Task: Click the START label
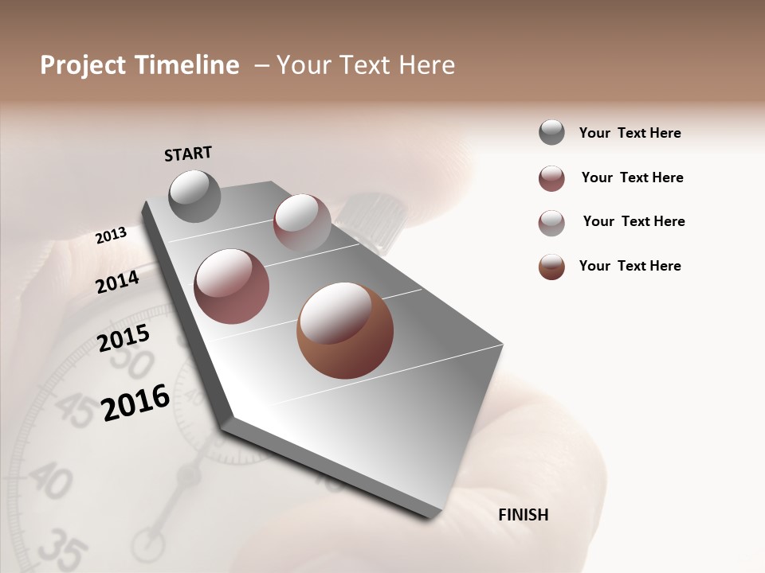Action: point(188,154)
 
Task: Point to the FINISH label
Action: point(523,515)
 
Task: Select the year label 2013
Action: point(112,236)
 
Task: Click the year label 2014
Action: point(118,282)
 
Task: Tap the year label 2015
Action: point(124,338)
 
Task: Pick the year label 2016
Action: point(136,403)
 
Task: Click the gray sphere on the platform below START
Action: point(195,196)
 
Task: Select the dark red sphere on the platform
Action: point(232,286)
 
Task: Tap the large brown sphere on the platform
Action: point(344,330)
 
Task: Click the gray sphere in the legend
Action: point(551,132)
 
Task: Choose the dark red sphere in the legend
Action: point(551,178)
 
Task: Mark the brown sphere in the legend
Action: point(551,267)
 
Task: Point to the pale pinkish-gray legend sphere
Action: point(551,222)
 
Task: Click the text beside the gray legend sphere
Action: point(630,133)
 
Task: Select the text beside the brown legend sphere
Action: point(630,266)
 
